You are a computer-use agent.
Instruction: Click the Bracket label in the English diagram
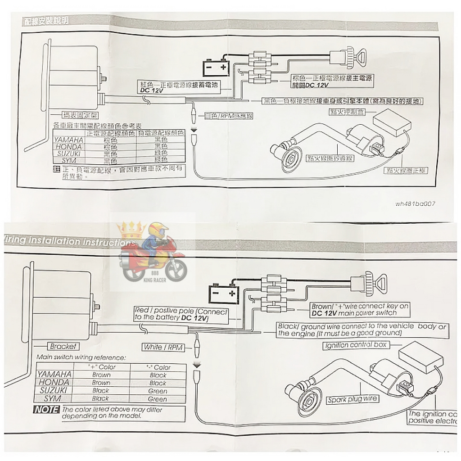(63, 347)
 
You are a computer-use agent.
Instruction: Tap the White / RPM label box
(160, 347)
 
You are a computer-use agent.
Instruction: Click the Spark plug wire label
(352, 399)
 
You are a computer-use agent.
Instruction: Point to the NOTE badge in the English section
(46, 410)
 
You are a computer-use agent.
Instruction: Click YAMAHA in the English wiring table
(54, 374)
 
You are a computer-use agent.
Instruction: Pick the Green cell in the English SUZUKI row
(158, 391)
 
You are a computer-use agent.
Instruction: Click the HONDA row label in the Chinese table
(68, 147)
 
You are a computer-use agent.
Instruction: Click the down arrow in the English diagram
(196, 363)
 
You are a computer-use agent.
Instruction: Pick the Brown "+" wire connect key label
(360, 309)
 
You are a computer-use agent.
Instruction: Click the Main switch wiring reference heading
(81, 357)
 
